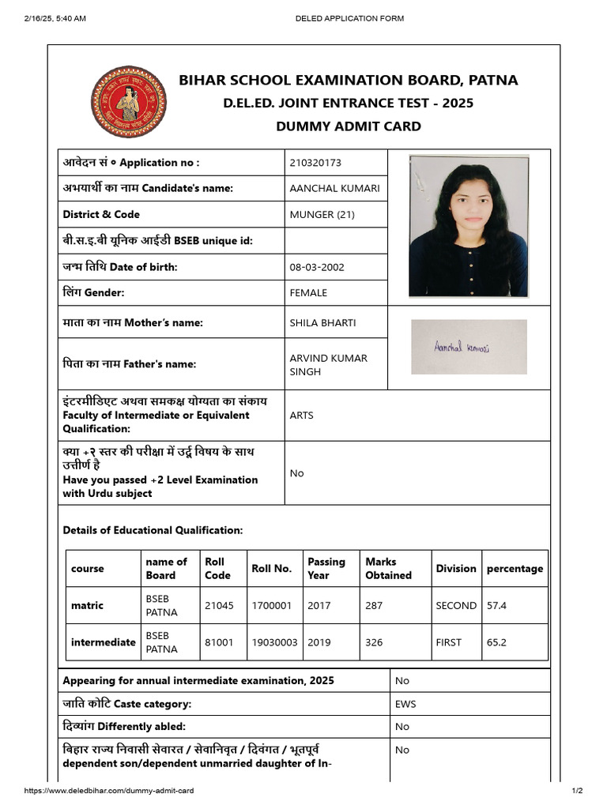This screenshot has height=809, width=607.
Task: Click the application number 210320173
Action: click(315, 163)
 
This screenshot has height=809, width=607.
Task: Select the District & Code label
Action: click(101, 214)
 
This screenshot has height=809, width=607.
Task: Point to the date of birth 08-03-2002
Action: click(317, 267)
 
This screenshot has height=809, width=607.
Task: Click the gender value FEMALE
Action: click(308, 293)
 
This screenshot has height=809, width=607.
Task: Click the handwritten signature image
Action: click(468, 347)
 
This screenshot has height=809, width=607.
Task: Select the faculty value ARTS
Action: click(301, 416)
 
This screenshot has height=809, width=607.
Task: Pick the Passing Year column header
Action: click(326, 568)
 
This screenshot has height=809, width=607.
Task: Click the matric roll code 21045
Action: click(218, 606)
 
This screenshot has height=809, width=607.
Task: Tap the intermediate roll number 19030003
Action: click(274, 642)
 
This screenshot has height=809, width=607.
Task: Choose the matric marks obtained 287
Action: click(374, 606)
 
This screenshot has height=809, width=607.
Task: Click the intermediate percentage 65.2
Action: click(496, 642)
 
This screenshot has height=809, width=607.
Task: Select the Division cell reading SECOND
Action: click(456, 606)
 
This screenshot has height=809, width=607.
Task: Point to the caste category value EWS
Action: click(405, 704)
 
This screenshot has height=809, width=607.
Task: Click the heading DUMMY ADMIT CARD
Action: click(348, 126)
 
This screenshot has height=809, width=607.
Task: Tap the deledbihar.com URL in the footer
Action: click(109, 791)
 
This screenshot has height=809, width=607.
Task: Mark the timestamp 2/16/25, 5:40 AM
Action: click(55, 18)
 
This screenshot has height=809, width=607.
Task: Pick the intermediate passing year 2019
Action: click(319, 642)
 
